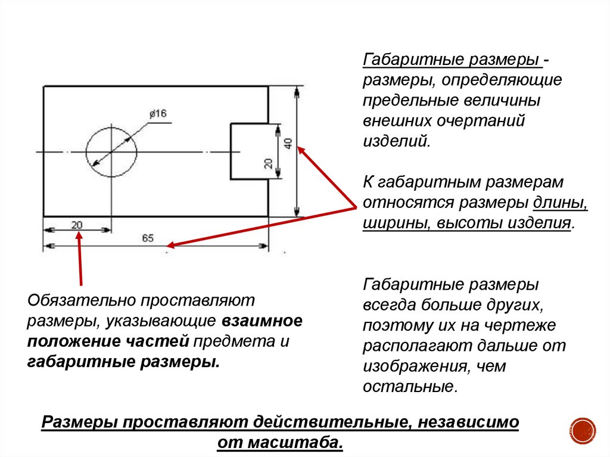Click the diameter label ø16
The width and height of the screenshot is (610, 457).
(158, 114)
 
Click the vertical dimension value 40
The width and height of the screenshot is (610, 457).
(288, 144)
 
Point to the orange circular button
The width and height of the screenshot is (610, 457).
(583, 430)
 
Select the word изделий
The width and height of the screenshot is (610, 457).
(395, 141)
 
